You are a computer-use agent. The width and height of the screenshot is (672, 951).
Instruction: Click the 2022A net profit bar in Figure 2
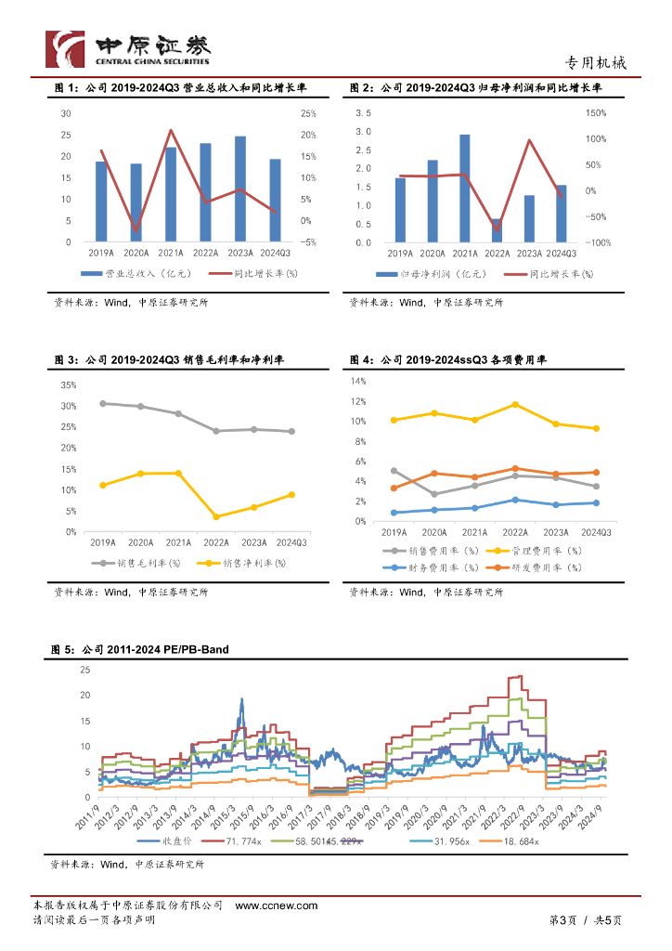coord(497,230)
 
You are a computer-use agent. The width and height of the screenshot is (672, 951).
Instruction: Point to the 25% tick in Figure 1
coord(308,113)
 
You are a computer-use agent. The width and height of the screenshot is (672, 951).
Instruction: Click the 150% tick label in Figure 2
coord(595,113)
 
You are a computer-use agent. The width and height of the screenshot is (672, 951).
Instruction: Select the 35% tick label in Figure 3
coord(69,384)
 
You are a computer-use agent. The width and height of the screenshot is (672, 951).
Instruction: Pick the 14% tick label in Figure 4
coord(358,381)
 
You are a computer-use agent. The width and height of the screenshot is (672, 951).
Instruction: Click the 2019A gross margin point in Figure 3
coord(103,403)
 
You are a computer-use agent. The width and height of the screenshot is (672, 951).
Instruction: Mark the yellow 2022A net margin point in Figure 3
coord(216,516)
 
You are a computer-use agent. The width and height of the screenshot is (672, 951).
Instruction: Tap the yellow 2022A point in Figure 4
coord(515,405)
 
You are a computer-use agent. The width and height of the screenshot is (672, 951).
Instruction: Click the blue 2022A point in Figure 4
coord(515,500)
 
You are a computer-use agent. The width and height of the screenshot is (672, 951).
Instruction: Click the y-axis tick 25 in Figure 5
coord(85,670)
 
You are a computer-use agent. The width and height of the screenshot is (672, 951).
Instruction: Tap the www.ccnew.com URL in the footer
coord(277,905)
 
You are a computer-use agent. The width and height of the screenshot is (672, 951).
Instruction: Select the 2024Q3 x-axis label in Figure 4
coord(595,532)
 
